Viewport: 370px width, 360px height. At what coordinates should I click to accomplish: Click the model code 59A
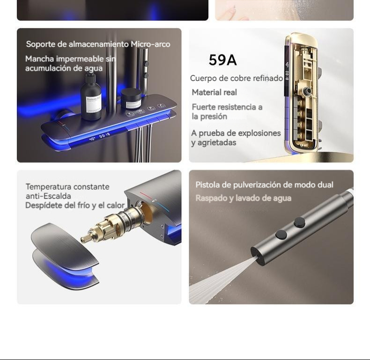222,59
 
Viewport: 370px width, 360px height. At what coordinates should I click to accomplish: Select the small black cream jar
131,98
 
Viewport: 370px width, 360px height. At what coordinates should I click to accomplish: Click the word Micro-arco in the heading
150,44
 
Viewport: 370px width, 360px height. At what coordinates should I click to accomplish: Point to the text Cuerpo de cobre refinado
237,78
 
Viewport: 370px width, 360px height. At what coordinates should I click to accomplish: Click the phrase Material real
214,92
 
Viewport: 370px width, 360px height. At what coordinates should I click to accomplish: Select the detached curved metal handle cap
65,253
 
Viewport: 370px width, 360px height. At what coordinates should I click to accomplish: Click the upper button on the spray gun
299,222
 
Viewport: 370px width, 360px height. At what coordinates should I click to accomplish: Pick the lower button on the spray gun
281,235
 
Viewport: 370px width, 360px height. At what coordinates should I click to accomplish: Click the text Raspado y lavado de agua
243,198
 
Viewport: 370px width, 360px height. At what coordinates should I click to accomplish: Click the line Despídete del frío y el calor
75,205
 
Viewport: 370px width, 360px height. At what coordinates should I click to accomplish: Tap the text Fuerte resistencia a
227,107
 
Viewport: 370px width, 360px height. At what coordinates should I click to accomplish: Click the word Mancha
39,59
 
